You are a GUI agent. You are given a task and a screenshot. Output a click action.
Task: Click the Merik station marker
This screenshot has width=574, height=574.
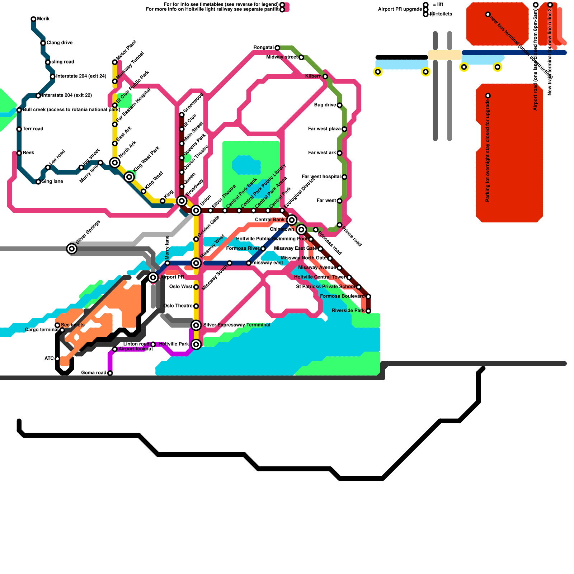(33, 19)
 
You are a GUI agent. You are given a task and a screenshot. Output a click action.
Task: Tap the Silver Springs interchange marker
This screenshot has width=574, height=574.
(72, 248)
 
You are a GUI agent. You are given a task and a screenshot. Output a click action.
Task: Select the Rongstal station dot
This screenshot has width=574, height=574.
(277, 48)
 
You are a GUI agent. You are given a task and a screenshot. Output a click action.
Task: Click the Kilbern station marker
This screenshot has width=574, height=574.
(325, 76)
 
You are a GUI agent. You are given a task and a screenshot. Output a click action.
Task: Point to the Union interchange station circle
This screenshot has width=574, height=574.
(196, 210)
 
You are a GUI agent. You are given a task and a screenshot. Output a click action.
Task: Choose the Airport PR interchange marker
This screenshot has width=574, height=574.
(153, 277)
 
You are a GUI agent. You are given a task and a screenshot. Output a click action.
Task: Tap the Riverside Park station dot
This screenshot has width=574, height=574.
(368, 311)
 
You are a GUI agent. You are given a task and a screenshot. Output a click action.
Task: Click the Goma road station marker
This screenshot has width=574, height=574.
(110, 373)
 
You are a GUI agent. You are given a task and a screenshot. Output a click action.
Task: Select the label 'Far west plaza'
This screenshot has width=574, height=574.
(324, 129)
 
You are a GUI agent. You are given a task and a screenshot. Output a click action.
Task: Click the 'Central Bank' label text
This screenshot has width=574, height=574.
(269, 220)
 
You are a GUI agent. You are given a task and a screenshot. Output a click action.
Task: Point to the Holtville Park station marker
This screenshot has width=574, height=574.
(196, 344)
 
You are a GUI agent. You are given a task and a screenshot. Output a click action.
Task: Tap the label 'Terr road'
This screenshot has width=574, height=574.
(33, 129)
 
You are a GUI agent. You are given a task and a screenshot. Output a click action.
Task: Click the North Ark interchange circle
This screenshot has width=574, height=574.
(115, 163)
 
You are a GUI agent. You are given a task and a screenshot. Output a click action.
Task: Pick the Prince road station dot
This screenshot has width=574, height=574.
(339, 225)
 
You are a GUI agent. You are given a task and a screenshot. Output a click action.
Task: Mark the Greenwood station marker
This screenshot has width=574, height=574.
(182, 115)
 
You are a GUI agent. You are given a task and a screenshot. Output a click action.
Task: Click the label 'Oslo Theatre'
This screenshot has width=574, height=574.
(178, 306)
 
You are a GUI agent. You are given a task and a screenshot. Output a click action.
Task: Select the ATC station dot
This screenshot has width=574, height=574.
(57, 359)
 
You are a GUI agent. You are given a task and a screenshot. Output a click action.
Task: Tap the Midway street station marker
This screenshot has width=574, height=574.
(301, 57)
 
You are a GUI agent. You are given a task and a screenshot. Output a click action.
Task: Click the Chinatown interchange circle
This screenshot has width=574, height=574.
(301, 229)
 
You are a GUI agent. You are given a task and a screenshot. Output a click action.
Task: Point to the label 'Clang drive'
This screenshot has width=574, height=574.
(60, 43)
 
